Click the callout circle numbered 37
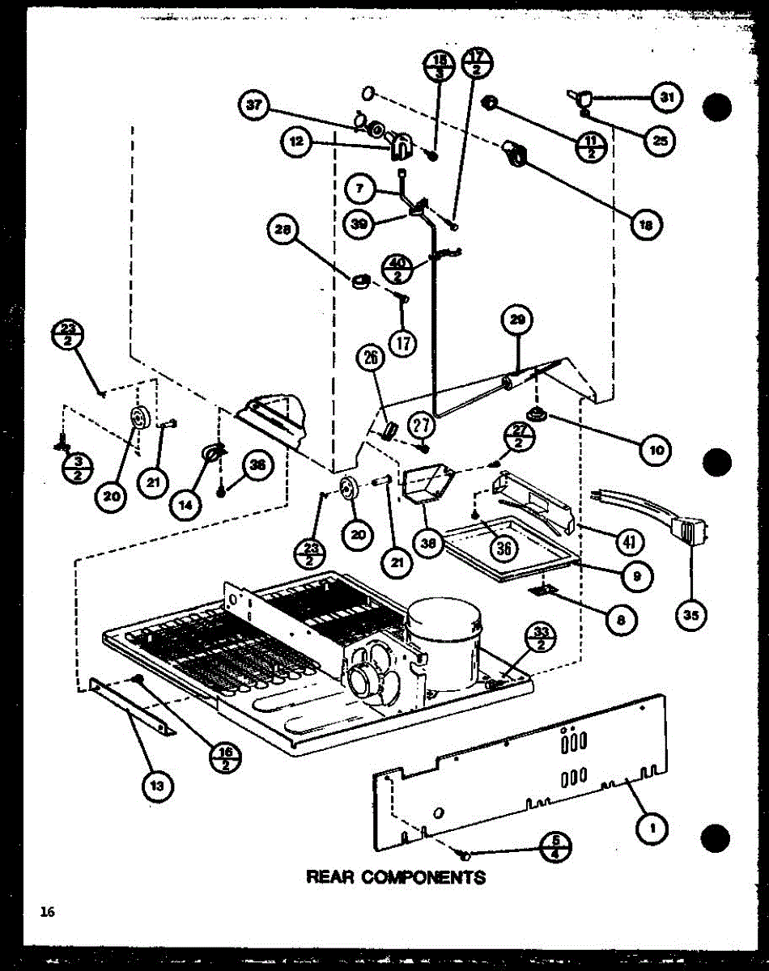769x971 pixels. pos(254,108)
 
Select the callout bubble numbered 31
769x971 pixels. pos(666,98)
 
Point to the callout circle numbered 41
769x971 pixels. pos(628,540)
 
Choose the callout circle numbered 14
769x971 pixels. pos(187,504)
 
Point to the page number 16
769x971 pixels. pos(49,912)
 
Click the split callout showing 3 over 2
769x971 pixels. pos(77,468)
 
